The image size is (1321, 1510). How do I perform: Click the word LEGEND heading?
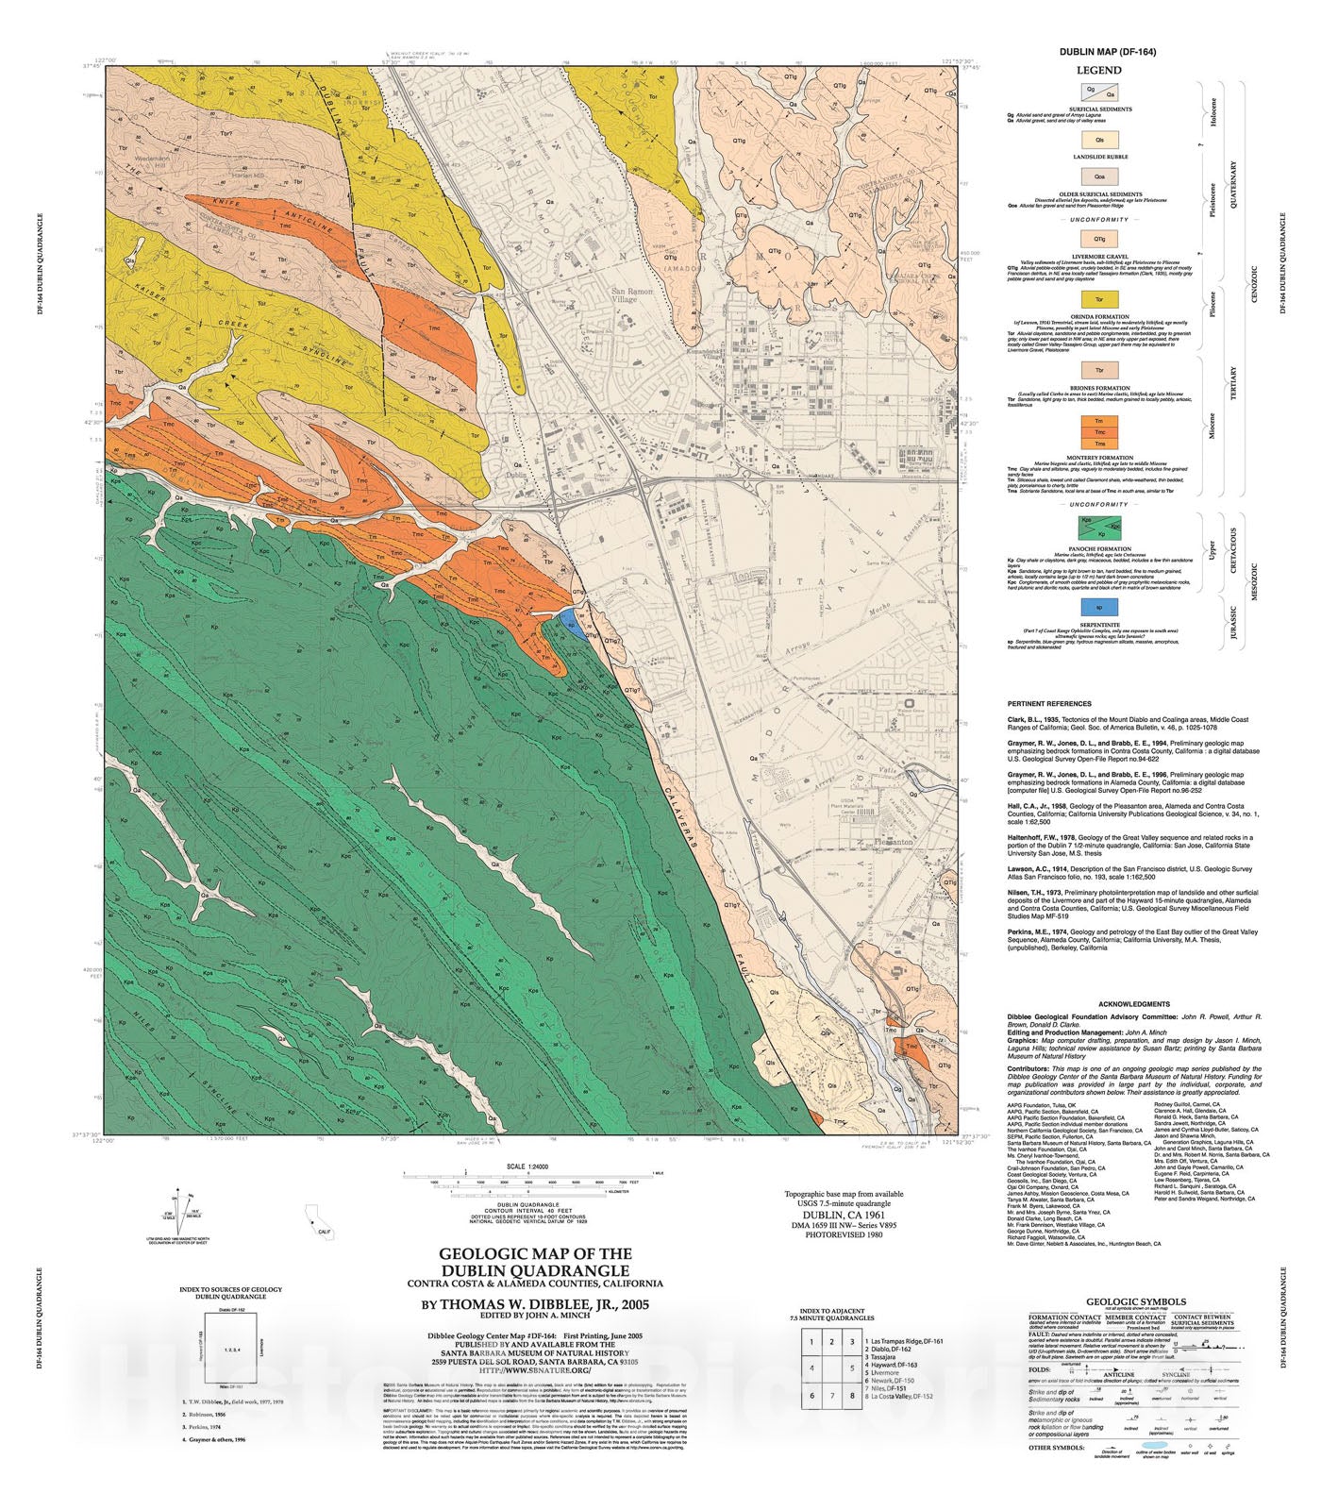tap(1099, 71)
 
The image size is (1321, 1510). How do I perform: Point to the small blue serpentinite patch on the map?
tap(568, 621)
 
